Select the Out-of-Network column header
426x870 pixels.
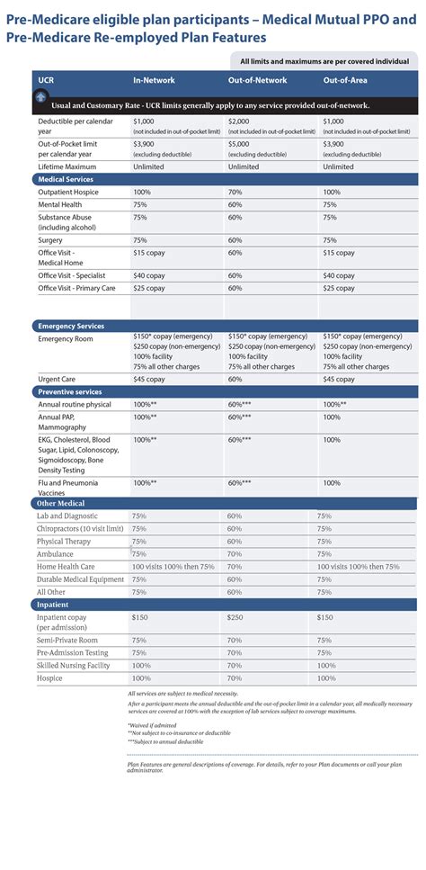251,80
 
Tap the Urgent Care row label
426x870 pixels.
58,379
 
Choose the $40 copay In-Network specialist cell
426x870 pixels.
149,275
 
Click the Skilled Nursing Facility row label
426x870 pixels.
73,665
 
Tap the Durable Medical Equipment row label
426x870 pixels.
80,579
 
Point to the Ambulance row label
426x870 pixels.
55,554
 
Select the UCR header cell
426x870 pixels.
46,80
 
